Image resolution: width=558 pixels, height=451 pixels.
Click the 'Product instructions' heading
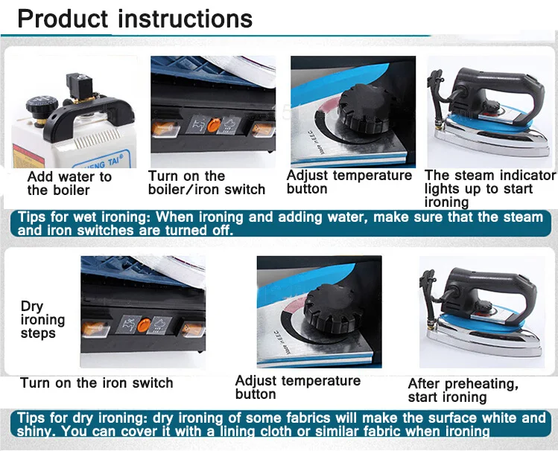(135, 19)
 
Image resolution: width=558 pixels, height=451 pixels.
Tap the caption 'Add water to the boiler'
(69, 183)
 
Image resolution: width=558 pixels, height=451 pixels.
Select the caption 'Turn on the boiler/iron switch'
(206, 182)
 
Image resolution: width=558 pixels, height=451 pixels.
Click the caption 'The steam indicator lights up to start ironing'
(489, 189)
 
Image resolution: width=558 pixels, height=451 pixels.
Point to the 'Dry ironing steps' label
(42, 319)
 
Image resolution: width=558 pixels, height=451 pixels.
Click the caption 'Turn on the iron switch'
(97, 383)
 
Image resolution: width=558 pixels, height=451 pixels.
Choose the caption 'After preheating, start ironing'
(463, 390)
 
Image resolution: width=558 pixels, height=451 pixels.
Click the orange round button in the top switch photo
(214, 125)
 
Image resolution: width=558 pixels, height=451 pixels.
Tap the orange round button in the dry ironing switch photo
(144, 324)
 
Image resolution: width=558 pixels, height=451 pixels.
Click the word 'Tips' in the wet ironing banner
(32, 217)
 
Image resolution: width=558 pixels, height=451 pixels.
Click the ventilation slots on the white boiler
(97, 138)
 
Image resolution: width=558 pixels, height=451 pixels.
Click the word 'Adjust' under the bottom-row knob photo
(256, 380)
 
